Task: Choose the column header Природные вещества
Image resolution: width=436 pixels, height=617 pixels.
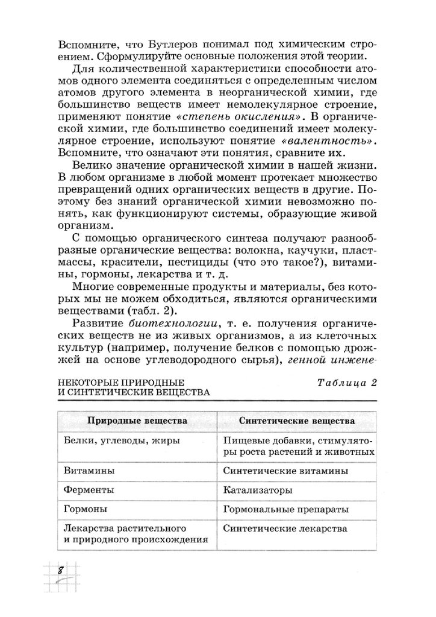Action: click(138, 420)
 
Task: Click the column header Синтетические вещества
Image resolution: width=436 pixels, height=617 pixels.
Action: click(296, 420)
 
